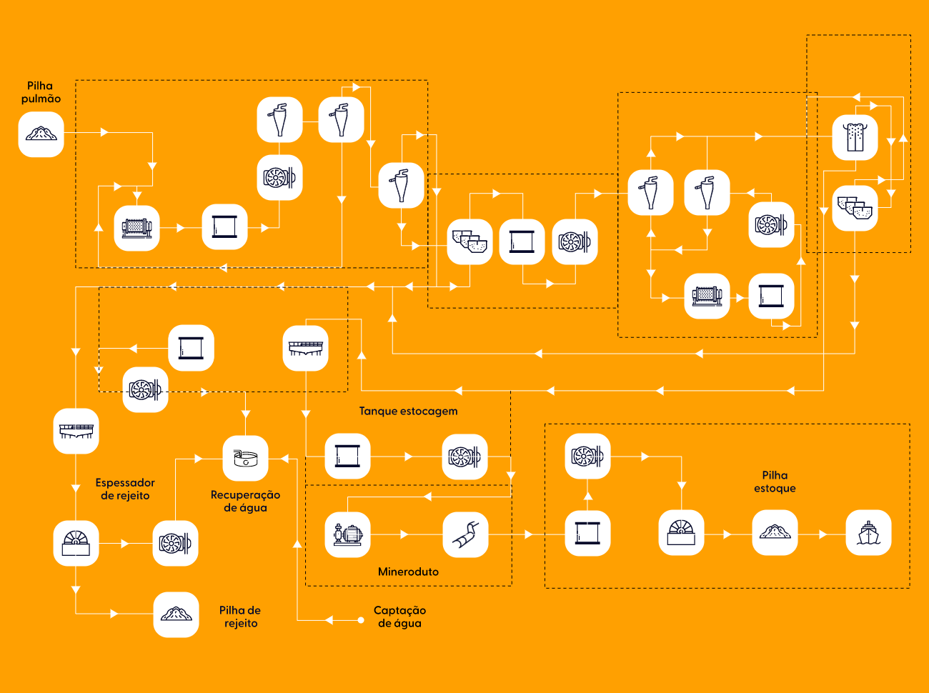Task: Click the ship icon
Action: click(868, 533)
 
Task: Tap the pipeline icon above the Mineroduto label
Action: click(465, 534)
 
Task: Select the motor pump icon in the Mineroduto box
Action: click(347, 534)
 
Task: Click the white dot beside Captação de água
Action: click(361, 620)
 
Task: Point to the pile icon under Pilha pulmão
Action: click(41, 134)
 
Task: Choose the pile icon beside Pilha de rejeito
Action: click(176, 614)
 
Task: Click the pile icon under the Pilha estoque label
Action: click(775, 533)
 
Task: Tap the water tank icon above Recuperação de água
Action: click(246, 458)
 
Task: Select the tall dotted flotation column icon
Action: click(855, 137)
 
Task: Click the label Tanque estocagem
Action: click(409, 411)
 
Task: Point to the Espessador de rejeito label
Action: click(125, 489)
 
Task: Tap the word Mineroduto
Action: click(408, 572)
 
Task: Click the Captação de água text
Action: click(399, 617)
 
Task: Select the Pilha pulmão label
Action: click(41, 92)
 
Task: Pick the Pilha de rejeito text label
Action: click(240, 617)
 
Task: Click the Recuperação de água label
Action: click(246, 501)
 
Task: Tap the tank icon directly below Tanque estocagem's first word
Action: click(347, 456)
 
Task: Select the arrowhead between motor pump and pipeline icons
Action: click(404, 535)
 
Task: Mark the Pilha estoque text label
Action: click(775, 482)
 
